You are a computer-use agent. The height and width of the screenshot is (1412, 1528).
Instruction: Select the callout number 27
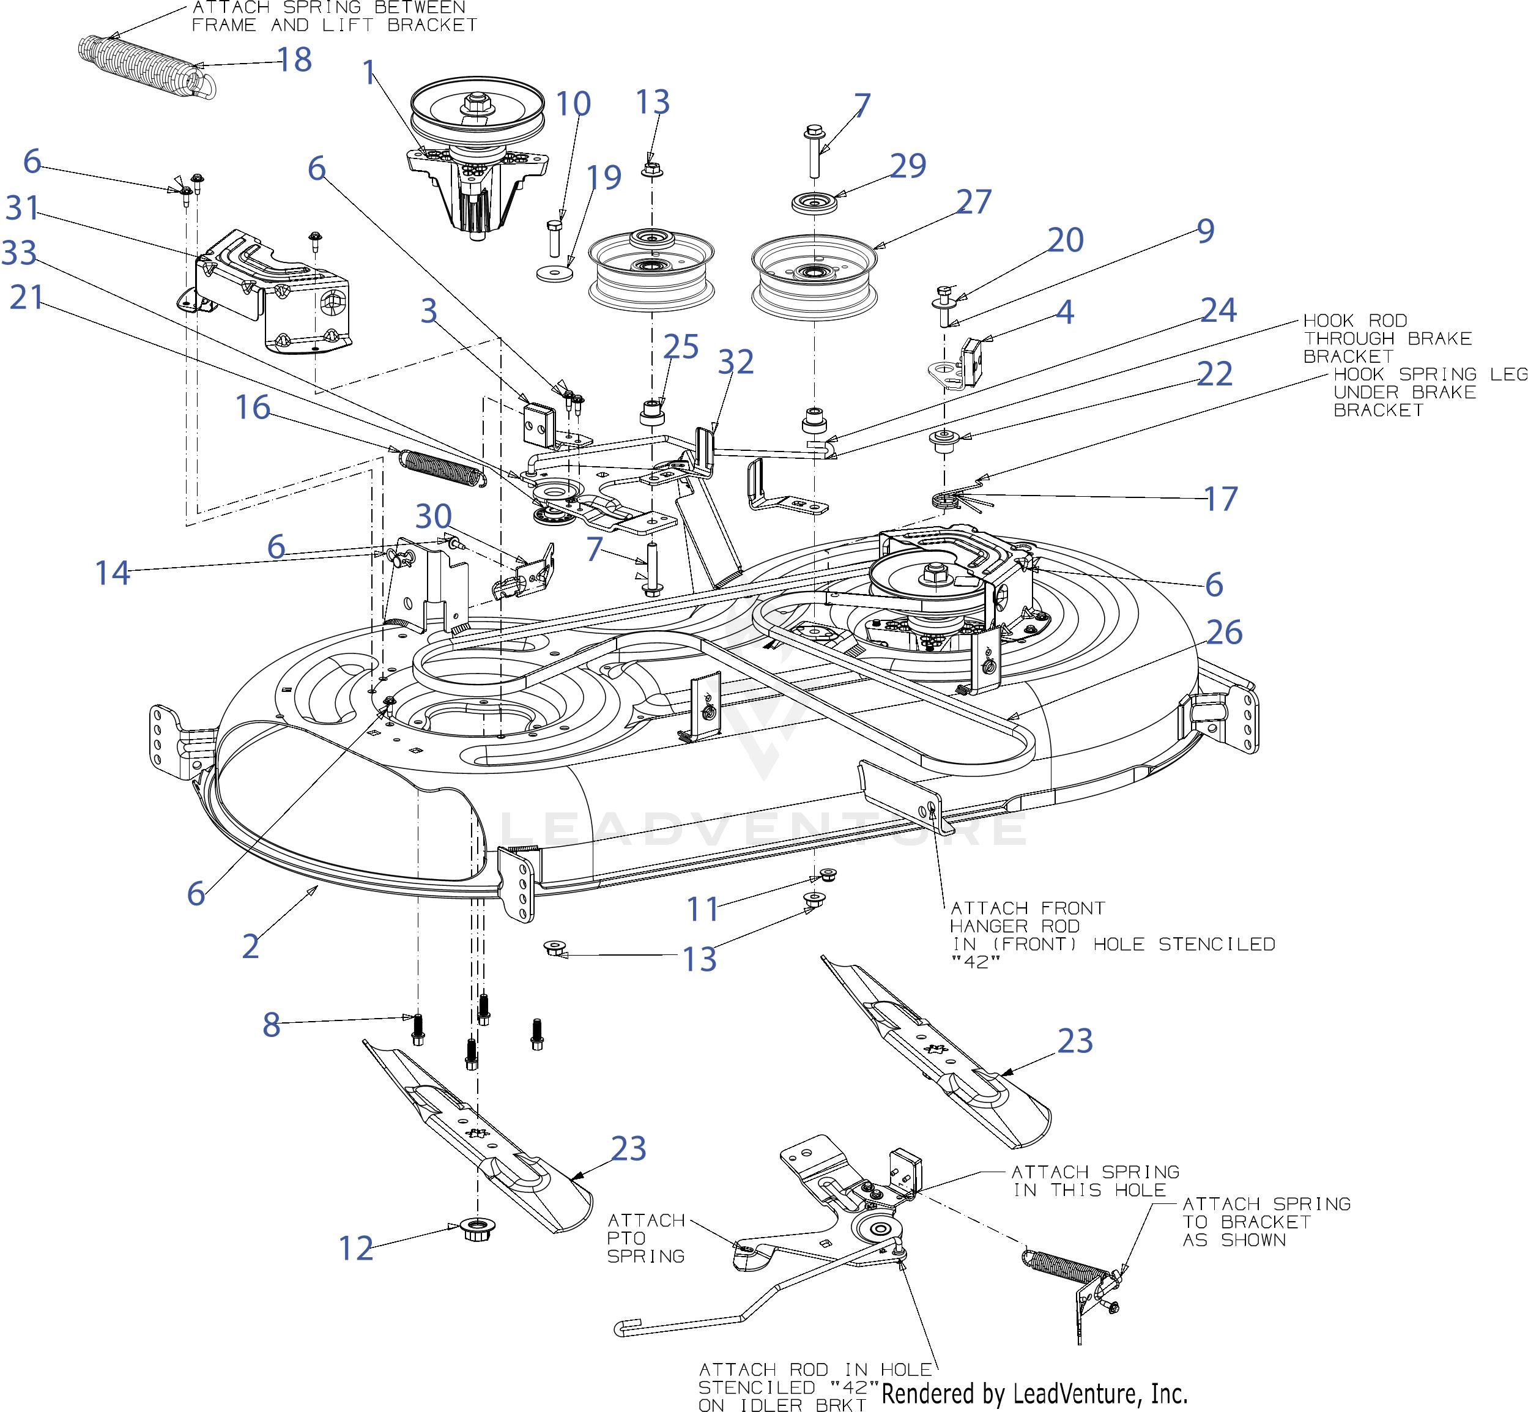click(x=973, y=202)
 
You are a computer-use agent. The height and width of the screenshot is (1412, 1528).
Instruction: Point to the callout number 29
click(x=908, y=165)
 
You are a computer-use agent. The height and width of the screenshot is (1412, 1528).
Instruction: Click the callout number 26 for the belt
click(x=1224, y=633)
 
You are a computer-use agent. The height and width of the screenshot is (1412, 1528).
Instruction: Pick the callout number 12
click(x=355, y=1249)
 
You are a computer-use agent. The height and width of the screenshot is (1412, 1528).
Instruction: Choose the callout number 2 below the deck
click(x=251, y=946)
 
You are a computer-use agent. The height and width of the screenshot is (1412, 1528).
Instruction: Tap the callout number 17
click(x=1220, y=499)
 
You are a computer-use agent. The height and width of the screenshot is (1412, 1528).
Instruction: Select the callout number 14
click(x=113, y=572)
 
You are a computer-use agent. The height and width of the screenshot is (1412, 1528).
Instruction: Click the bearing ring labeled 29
click(x=813, y=204)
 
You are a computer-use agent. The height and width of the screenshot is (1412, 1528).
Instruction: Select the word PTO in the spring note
click(x=626, y=1238)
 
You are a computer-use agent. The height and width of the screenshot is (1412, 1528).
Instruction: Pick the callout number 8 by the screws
click(x=271, y=1025)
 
